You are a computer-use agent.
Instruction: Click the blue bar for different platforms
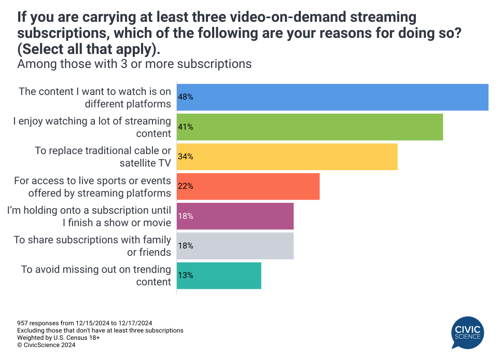coord(332,97)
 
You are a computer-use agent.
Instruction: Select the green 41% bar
coord(310,127)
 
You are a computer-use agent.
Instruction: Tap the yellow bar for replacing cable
coord(287,156)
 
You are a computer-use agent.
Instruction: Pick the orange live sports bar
coord(248,186)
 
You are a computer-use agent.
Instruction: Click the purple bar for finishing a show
coord(235,216)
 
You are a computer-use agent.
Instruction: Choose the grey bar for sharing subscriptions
coord(235,245)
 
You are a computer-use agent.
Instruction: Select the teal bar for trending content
coord(219,275)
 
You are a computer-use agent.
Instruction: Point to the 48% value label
coord(186,97)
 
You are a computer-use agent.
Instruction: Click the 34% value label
coord(186,156)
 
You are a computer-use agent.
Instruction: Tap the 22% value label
coord(186,186)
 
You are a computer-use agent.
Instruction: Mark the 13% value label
coord(186,275)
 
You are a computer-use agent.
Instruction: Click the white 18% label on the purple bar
coord(186,216)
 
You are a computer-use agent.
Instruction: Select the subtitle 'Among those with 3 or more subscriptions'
coord(134,64)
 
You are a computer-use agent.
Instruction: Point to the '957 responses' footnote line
coord(85,323)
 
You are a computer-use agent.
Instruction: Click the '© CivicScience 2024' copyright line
coord(46,344)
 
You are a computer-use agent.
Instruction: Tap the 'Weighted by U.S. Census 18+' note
coord(58,337)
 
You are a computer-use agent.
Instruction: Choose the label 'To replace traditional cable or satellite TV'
coord(103,156)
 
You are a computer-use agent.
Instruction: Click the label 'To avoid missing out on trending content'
coord(96,275)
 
